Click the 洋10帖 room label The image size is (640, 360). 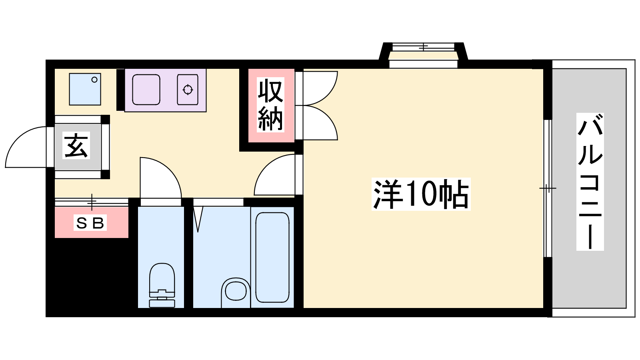[x=421, y=194]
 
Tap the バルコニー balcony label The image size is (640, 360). [x=590, y=182]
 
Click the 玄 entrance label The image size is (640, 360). [x=76, y=146]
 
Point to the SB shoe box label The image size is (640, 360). [x=90, y=222]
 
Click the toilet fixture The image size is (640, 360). [x=162, y=285]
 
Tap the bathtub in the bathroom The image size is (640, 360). [x=272, y=257]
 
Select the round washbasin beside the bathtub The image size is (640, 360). [x=236, y=292]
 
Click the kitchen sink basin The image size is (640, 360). [x=146, y=90]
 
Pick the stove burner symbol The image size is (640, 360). [x=188, y=90]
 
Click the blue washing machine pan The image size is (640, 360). [x=85, y=89]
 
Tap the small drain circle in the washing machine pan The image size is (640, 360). [x=94, y=80]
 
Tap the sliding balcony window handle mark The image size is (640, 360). [x=548, y=188]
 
